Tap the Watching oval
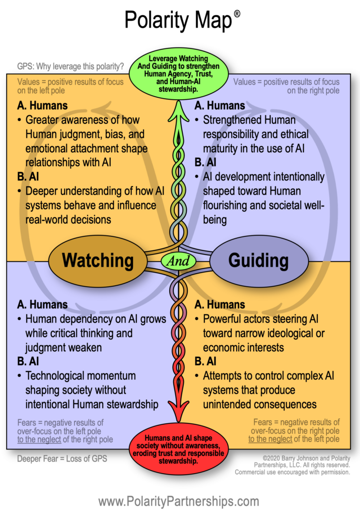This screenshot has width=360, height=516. (98, 261)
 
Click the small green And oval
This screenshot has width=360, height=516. (178, 261)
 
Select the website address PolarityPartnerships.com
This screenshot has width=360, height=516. (179, 501)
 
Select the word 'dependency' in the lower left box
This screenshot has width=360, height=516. (88, 319)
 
